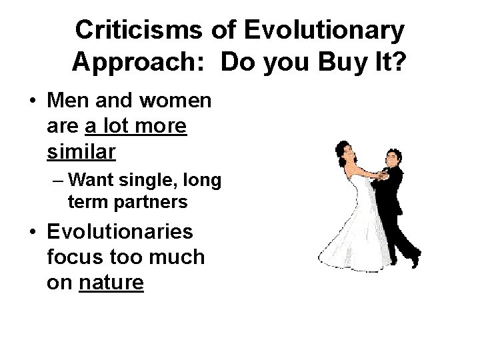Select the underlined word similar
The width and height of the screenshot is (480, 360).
(81, 151)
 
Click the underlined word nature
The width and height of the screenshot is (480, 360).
(111, 283)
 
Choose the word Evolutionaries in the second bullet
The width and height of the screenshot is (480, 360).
(120, 232)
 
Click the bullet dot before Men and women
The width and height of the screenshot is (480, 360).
(32, 103)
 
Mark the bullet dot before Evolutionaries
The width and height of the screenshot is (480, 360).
(32, 233)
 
